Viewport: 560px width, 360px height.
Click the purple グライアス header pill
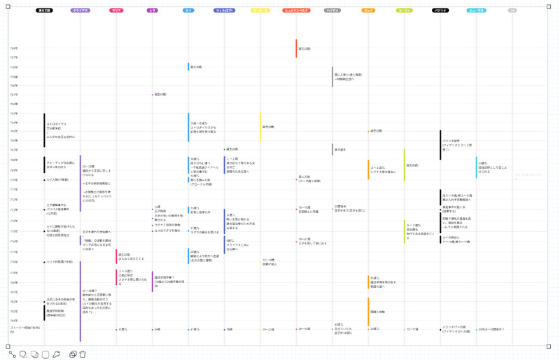tap(80, 11)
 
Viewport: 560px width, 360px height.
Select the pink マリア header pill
tap(117, 11)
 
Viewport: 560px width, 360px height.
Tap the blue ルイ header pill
tap(189, 11)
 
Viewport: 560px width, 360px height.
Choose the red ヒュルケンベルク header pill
tap(296, 11)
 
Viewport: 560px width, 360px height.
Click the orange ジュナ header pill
tap(368, 11)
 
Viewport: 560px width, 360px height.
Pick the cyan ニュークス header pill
tap(476, 11)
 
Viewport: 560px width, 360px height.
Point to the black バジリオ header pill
tap(440, 11)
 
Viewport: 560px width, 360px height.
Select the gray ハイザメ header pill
tap(332, 11)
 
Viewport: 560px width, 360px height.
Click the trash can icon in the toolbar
tap(83, 354)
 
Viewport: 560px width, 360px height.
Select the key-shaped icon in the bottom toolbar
tap(57, 354)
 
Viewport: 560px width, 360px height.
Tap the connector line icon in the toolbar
tap(13, 354)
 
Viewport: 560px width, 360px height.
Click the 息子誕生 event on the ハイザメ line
tap(341, 150)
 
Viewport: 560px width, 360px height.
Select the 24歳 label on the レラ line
tap(157, 329)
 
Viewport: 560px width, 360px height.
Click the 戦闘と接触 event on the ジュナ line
tap(377, 312)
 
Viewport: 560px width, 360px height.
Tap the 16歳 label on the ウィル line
tap(229, 329)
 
